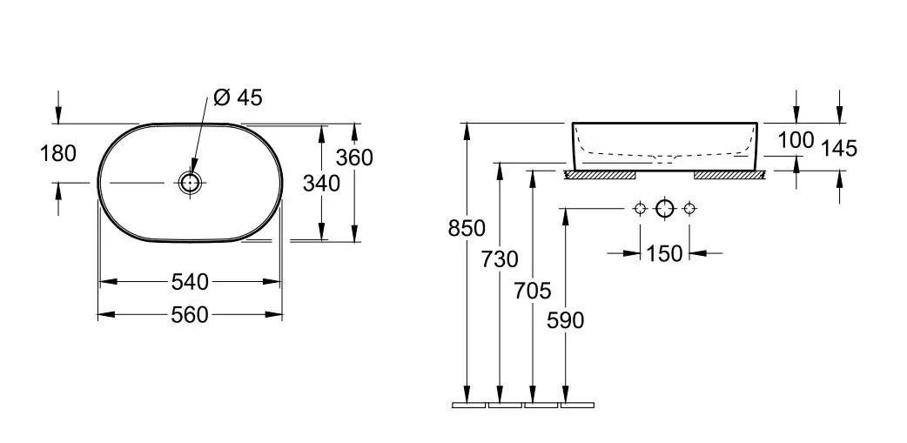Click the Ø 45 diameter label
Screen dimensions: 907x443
[238, 97]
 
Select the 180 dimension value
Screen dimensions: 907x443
[57, 154]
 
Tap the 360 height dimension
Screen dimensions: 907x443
[354, 158]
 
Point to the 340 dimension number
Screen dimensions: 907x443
[321, 184]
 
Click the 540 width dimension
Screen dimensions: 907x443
[190, 282]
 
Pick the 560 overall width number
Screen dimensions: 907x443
[190, 315]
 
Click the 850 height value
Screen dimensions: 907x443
[467, 229]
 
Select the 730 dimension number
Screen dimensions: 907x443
[500, 259]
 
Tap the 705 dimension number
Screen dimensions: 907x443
[533, 291]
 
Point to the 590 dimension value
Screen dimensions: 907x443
[565, 320]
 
